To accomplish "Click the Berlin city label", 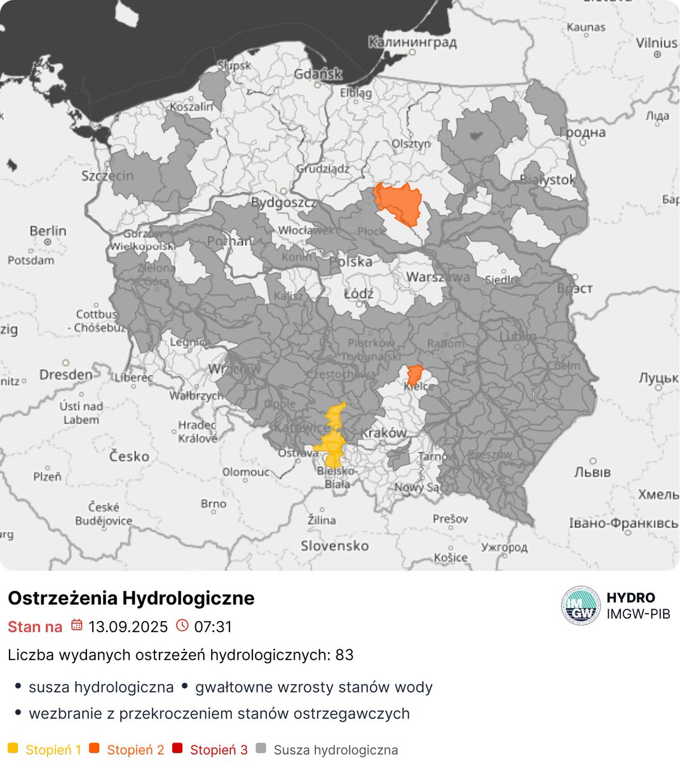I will point(48,230).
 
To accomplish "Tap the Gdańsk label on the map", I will point(318,74).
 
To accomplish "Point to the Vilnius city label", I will point(656,43).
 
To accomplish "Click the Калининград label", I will point(412,43).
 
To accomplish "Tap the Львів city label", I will point(592,472).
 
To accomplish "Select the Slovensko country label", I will point(334,546).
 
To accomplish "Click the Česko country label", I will point(129,456).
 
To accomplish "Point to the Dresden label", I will point(66,375).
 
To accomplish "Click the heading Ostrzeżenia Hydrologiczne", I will point(131,598).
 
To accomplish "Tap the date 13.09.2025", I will point(128,627).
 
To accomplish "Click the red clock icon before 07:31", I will point(182,626).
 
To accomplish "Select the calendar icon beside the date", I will point(76,626).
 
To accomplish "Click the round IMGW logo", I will point(580,606).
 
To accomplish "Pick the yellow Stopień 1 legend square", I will point(13,749).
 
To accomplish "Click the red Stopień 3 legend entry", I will point(218,750).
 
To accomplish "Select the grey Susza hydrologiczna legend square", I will point(261,749).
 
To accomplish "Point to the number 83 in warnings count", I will point(344,655).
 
